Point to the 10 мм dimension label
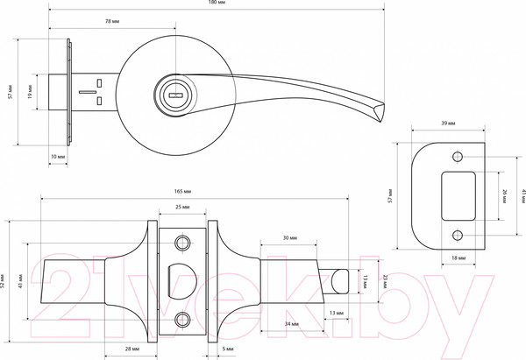tap(58, 156)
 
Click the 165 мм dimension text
tap(184, 191)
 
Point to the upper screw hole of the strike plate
tap(457, 158)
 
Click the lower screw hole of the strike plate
tap(457, 236)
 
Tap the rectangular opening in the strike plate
tap(458, 197)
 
